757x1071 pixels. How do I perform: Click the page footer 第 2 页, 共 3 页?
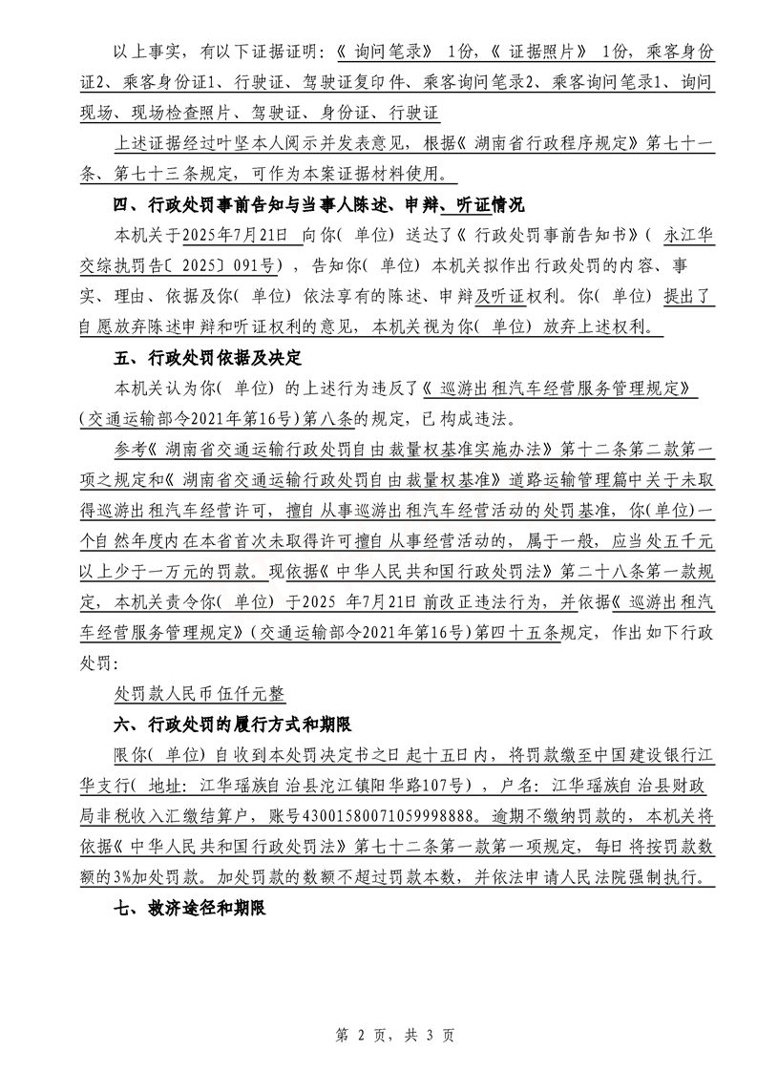[378, 1035]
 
